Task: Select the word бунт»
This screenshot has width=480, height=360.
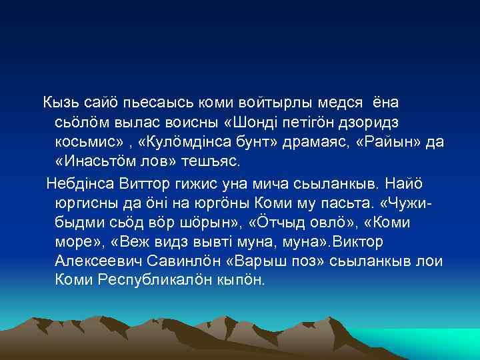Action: coord(254,144)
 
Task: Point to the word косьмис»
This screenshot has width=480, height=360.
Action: coord(87,144)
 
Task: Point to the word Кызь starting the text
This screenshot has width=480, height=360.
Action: coord(61,103)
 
